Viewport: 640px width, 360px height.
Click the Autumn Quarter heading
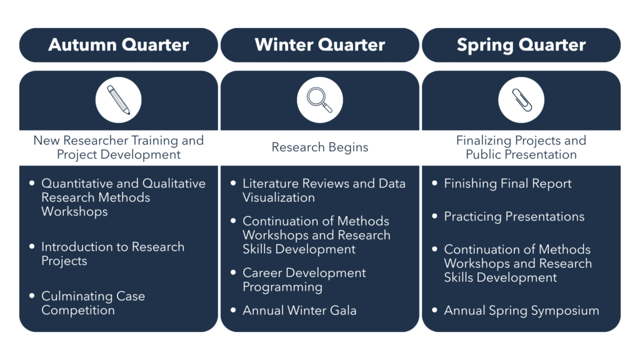tap(118, 45)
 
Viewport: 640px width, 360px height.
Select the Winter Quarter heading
tap(319, 45)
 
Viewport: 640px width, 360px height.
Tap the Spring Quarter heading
tap(521, 45)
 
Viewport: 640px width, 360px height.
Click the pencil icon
tap(118, 100)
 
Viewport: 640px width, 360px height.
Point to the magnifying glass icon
tap(319, 100)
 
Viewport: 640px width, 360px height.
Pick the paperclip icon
tap(522, 100)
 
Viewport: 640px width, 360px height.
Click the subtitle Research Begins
tap(319, 147)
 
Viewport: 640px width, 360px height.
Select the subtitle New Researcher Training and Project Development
tap(118, 147)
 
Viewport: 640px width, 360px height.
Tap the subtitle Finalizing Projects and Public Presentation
tap(521, 147)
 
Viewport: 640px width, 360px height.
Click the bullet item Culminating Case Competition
tap(93, 303)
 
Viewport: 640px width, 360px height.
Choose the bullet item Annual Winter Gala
tap(299, 311)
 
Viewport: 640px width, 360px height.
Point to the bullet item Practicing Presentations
tap(514, 217)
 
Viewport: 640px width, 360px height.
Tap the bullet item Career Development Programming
tap(304, 280)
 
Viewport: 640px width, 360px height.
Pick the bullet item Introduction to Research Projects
tap(112, 254)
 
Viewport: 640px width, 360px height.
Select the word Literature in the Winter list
tap(271, 184)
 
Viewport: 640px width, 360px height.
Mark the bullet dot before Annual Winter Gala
tap(233, 310)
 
